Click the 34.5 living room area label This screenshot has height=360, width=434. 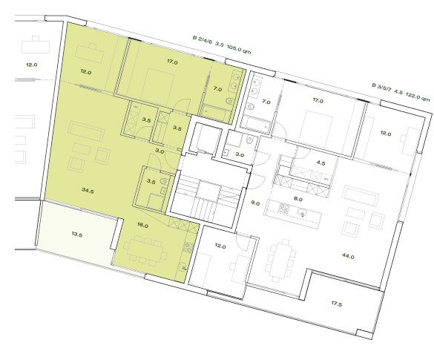(x=88, y=191)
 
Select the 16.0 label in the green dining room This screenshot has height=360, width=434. (x=142, y=225)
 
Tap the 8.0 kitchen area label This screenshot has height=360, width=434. (x=299, y=199)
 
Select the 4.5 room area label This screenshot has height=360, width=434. (x=320, y=162)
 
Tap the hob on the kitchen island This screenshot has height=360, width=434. (x=284, y=207)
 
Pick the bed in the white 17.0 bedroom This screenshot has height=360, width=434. (x=315, y=122)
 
